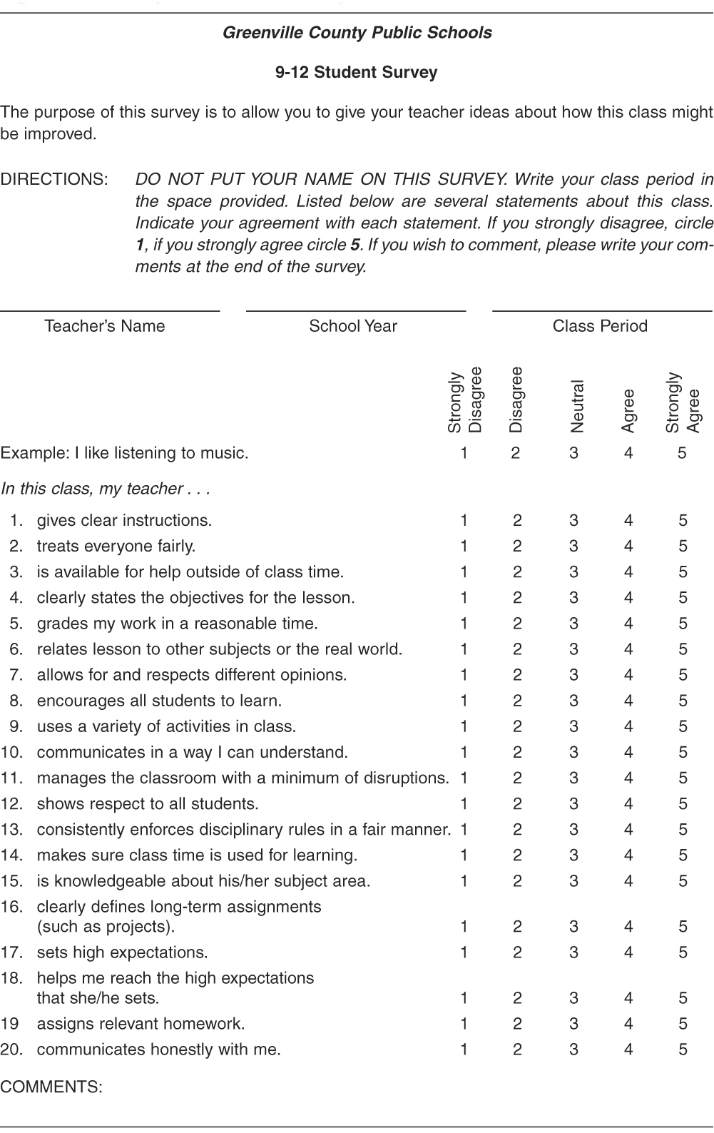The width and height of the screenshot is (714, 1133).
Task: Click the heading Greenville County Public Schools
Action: click(357, 33)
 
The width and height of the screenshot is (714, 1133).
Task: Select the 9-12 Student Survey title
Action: click(357, 72)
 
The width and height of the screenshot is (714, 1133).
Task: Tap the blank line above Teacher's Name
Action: click(110, 310)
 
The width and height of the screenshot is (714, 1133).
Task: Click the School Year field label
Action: click(353, 326)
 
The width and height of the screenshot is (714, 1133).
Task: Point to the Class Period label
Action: click(600, 326)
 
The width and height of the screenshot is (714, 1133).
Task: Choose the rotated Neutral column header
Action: click(578, 407)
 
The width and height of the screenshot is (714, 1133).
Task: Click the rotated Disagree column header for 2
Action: click(516, 400)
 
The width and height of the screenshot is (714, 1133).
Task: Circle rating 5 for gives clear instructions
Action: click(683, 521)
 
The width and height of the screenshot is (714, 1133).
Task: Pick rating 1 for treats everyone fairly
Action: click(464, 547)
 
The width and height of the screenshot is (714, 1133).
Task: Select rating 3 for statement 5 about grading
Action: click(574, 624)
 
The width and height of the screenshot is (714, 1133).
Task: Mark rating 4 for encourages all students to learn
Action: click(628, 701)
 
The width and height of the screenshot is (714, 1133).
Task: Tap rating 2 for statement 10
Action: click(517, 752)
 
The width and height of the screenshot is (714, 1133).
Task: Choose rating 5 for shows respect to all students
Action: click(683, 803)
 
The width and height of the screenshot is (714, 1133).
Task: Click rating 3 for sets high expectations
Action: click(574, 952)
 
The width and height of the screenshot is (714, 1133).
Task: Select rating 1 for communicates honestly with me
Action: click(464, 1050)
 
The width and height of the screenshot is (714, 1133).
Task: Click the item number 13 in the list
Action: click(12, 830)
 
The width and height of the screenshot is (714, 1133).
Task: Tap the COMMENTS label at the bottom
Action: click(51, 1087)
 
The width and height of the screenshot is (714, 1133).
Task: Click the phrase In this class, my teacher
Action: click(105, 489)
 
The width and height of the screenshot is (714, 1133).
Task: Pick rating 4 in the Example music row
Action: click(628, 453)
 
